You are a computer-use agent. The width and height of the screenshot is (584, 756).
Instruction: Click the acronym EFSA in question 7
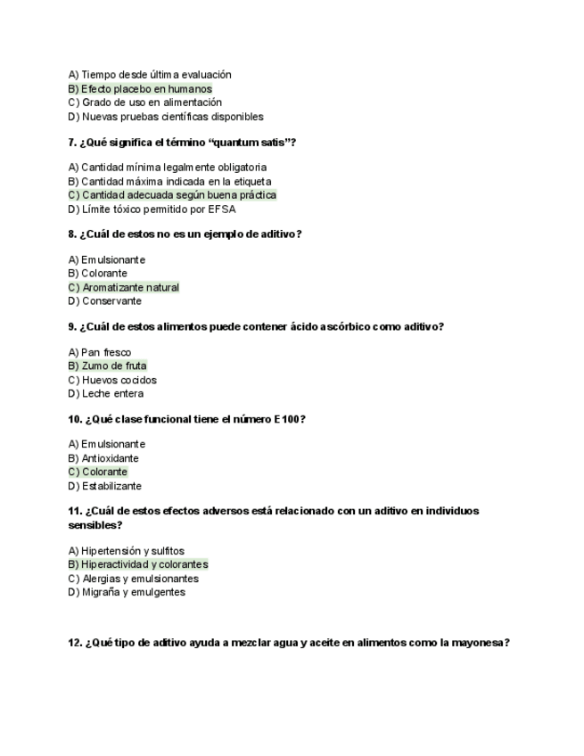click(221, 210)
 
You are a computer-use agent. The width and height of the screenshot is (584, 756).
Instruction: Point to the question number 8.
click(72, 234)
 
